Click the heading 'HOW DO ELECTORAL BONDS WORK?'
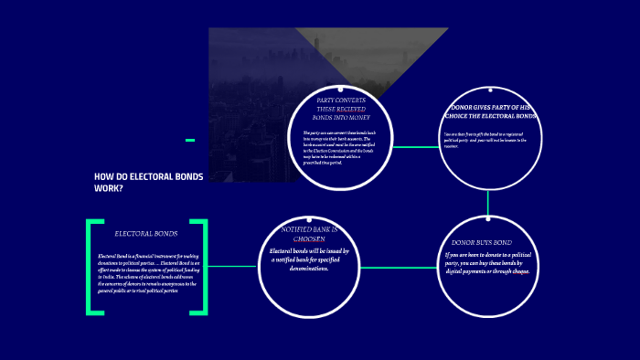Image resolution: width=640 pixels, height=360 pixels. tap(149, 181)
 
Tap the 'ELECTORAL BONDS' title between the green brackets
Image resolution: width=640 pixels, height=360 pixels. tap(146, 234)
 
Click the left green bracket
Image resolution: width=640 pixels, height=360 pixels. tap(91, 267)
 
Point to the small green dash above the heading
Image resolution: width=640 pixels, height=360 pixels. tap(190, 140)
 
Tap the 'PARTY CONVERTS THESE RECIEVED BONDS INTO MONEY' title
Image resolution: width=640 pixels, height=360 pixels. tap(340, 110)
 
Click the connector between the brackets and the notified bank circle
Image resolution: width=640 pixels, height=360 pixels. tap(232, 266)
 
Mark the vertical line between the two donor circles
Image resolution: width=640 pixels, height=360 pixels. tap(488, 203)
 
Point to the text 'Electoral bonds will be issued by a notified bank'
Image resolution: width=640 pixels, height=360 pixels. tap(309, 259)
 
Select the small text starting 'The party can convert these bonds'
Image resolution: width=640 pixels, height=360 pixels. tap(341, 146)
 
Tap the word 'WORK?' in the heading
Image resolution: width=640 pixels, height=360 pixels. tap(108, 188)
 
